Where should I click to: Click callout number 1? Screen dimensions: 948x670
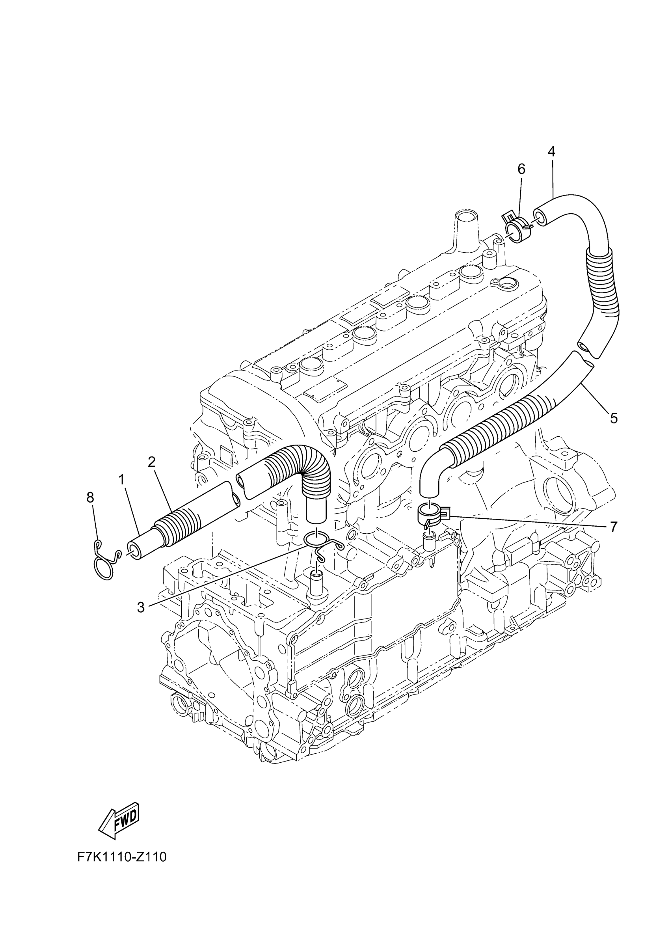(121, 479)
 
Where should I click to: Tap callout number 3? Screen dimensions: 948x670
(141, 607)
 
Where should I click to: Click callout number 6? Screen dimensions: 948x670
(521, 169)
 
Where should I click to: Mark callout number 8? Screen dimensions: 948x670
(90, 497)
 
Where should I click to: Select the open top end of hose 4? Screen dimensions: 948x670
(540, 216)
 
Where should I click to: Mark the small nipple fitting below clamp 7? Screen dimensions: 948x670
(428, 539)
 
